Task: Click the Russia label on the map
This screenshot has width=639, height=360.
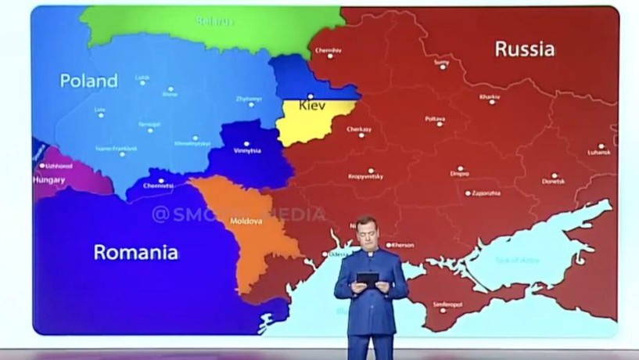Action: click(525, 49)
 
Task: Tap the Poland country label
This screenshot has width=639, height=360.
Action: click(89, 81)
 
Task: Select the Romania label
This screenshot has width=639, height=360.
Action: click(135, 252)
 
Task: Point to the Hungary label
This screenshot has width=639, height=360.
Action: click(48, 179)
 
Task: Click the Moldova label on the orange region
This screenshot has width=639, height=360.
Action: click(245, 221)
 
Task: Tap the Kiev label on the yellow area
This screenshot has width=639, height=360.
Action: click(312, 104)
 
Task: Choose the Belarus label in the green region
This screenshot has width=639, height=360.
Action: click(214, 21)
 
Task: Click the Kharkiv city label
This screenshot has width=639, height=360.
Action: click(490, 96)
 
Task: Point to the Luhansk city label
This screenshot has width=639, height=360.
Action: click(600, 152)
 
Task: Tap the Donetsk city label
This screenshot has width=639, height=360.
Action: click(553, 181)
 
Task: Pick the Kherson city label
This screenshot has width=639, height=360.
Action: click(401, 245)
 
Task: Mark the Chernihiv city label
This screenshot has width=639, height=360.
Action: click(328, 50)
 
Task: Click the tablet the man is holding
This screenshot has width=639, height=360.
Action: click(368, 278)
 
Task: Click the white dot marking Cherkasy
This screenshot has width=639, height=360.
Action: click(361, 135)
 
